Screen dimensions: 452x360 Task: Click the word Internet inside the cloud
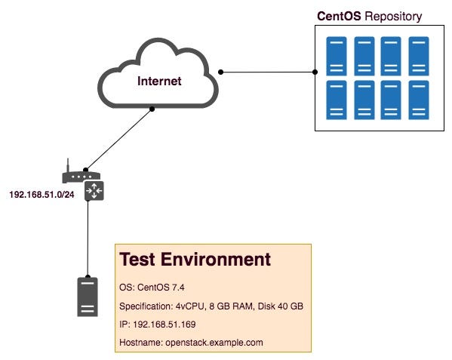pyautogui.click(x=159, y=81)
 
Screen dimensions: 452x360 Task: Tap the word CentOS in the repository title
pyautogui.click(x=339, y=16)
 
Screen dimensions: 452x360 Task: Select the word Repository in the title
pyautogui.click(x=393, y=17)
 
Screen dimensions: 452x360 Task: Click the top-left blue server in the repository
pyautogui.click(x=337, y=56)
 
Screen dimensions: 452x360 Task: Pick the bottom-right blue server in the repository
pyautogui.click(x=419, y=100)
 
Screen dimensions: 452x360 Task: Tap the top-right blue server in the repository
pyautogui.click(x=419, y=56)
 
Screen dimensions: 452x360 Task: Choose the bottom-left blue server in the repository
pyautogui.click(x=337, y=100)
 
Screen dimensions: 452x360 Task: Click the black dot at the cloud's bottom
pyautogui.click(x=152, y=109)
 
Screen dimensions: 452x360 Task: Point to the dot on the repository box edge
pyautogui.click(x=315, y=72)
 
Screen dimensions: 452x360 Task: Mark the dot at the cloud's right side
pyautogui.click(x=220, y=72)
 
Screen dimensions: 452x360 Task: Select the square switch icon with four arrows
pyautogui.click(x=94, y=190)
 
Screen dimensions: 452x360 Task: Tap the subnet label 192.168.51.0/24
pyautogui.click(x=42, y=195)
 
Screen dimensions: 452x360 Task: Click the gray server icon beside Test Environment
pyautogui.click(x=88, y=297)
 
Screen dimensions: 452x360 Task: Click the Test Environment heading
pyautogui.click(x=195, y=259)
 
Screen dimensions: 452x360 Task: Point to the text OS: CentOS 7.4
pyautogui.click(x=152, y=288)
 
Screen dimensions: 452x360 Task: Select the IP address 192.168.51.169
pyautogui.click(x=165, y=325)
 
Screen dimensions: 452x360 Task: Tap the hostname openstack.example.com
pyautogui.click(x=214, y=343)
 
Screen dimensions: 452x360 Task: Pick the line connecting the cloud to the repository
pyautogui.click(x=268, y=72)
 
